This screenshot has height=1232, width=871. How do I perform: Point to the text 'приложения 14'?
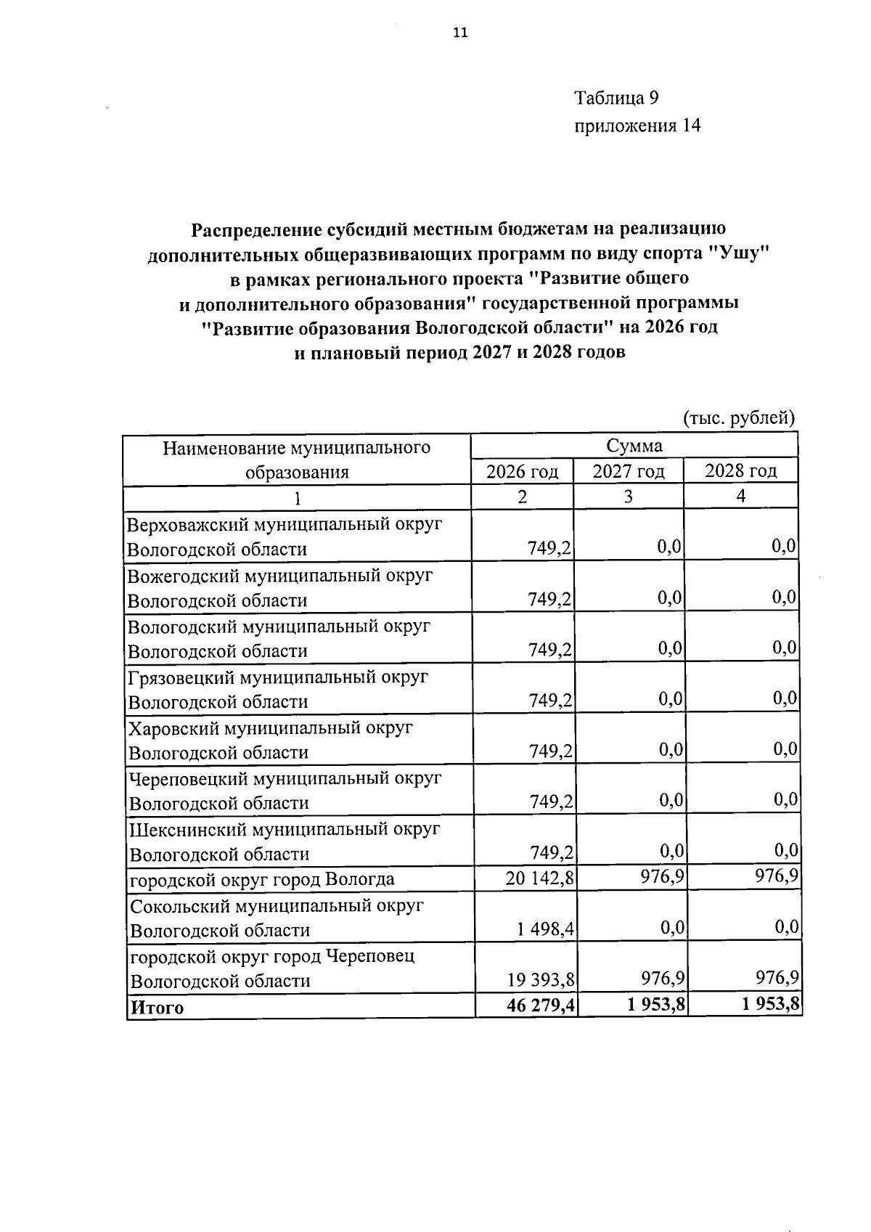[637, 126]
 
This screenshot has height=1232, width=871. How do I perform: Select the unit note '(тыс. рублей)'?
[740, 418]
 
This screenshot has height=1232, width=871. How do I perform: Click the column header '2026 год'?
[522, 472]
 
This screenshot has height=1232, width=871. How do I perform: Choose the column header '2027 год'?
[628, 472]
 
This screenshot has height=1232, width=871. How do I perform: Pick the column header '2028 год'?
[740, 471]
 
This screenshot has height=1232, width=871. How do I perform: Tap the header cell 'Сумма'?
[634, 445]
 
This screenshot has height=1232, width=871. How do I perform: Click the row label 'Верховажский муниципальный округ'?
[285, 524]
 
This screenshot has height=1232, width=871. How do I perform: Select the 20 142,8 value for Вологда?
[540, 879]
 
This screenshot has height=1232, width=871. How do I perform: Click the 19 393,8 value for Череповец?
[541, 981]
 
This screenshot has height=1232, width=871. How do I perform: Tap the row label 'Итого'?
[157, 1008]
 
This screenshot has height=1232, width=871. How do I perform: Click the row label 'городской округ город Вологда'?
[262, 880]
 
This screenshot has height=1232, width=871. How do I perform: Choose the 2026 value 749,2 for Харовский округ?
[550, 752]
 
